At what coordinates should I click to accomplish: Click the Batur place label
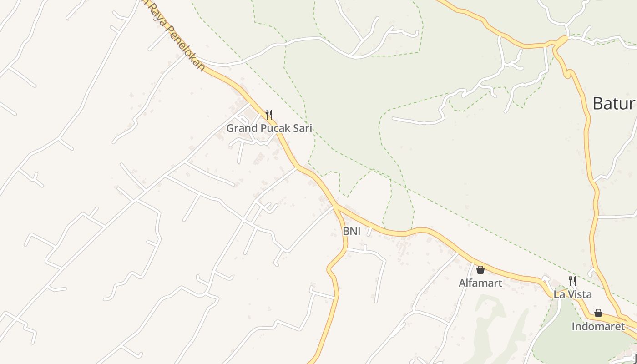tap(613, 104)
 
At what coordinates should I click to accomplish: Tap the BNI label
tap(351, 231)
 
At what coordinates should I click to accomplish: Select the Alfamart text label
tap(480, 283)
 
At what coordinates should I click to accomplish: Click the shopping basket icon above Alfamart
tap(480, 270)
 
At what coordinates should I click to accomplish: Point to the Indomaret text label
tap(598, 326)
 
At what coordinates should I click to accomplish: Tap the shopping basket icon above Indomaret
tap(598, 313)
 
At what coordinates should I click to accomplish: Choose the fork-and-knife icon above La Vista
tap(572, 281)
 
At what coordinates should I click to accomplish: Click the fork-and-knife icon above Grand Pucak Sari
tap(269, 114)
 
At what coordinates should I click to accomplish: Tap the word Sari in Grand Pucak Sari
tap(302, 128)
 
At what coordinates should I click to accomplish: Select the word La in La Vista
tap(558, 294)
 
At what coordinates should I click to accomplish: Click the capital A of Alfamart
tap(462, 283)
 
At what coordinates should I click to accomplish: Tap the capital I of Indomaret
tap(573, 326)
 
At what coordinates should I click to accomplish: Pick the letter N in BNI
tap(352, 231)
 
